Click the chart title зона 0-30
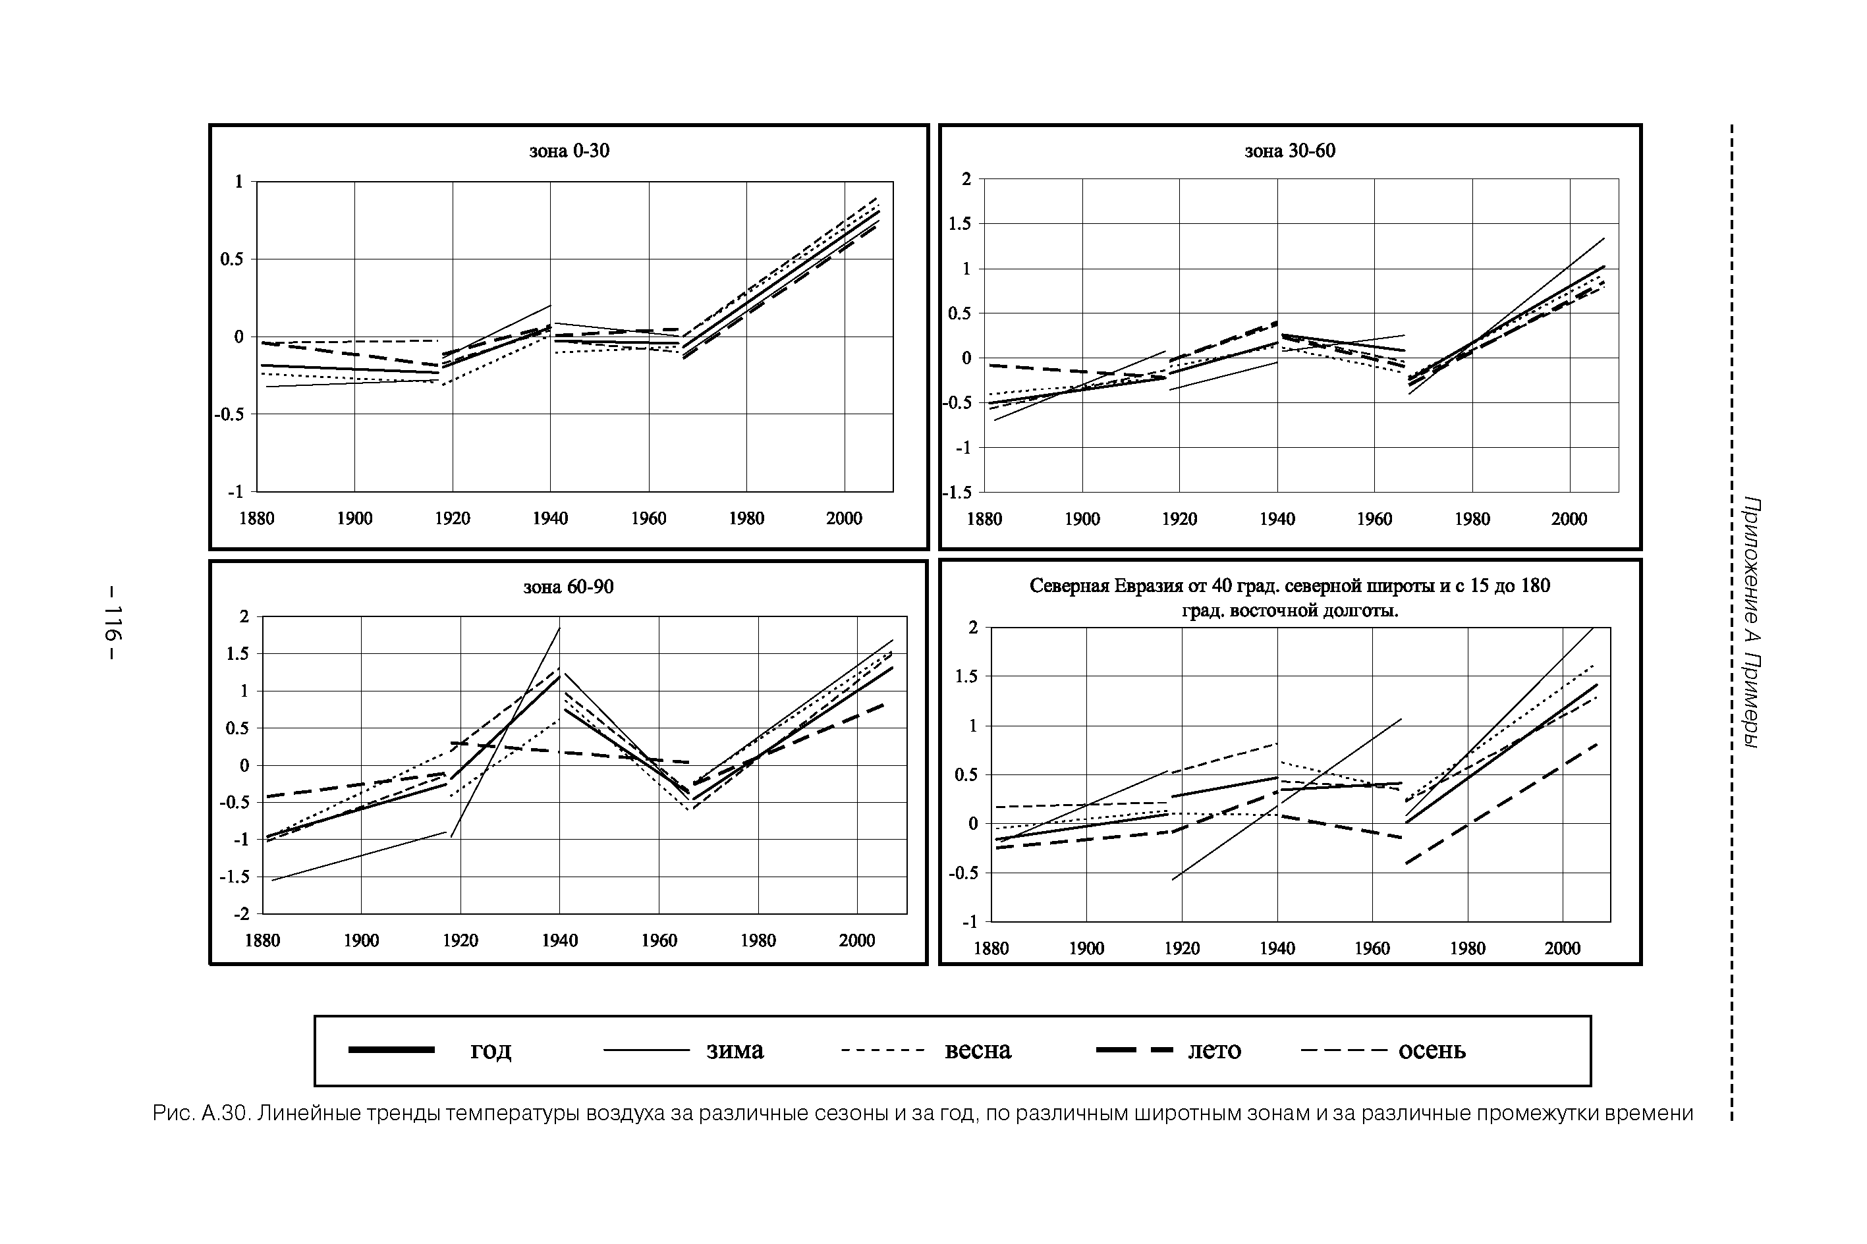tap(569, 151)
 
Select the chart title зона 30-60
tap(1289, 151)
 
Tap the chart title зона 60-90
tap(568, 587)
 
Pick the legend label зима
tap(735, 1050)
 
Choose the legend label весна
tap(978, 1050)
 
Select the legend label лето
tap(1214, 1050)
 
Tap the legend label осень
tap(1432, 1050)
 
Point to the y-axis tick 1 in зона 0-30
tap(238, 182)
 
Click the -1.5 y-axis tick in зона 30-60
tap(957, 493)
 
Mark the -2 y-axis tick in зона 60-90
tap(241, 914)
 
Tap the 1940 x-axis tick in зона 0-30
tap(550, 519)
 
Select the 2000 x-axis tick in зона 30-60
tap(1569, 520)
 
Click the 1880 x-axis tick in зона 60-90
tap(263, 941)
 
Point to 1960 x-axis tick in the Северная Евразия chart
tap(1372, 949)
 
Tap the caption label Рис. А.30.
tap(202, 1114)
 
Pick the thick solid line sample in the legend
tap(391, 1050)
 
